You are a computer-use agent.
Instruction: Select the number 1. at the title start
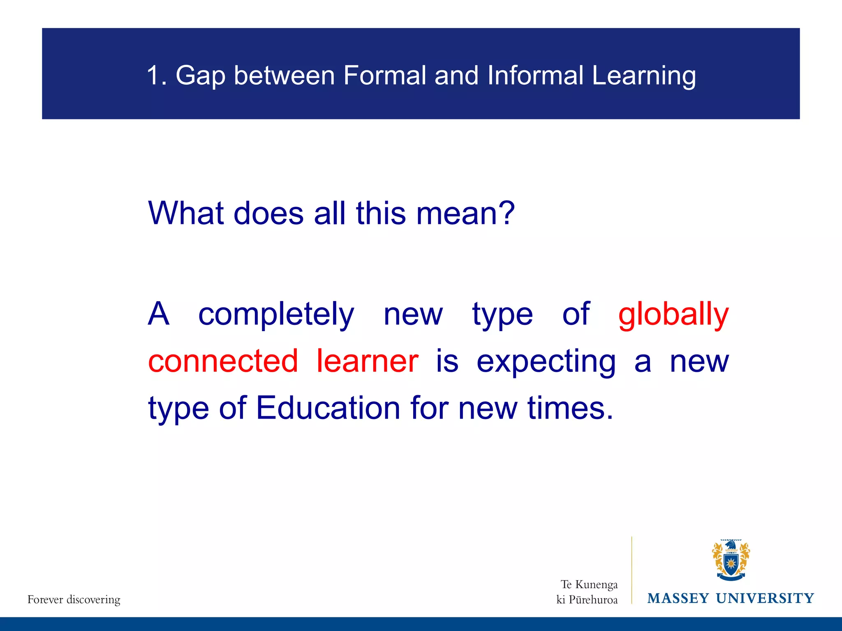click(157, 76)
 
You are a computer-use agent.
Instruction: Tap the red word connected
click(223, 361)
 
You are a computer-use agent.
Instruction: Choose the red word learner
click(367, 361)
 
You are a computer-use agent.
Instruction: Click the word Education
click(328, 408)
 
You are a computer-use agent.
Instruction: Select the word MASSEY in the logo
click(678, 598)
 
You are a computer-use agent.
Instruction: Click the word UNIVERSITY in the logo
click(765, 598)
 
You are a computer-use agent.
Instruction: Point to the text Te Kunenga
click(589, 584)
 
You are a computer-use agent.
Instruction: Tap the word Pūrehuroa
click(593, 600)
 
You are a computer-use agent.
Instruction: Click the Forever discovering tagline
click(74, 599)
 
